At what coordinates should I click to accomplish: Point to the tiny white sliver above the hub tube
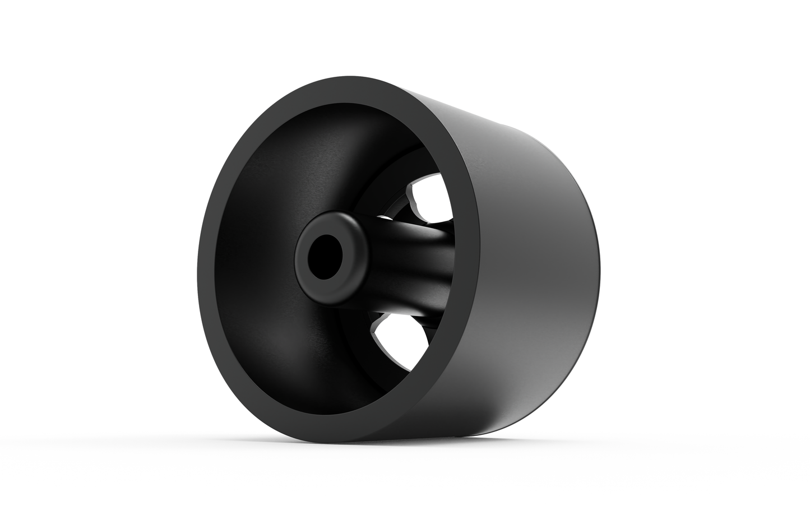(384, 216)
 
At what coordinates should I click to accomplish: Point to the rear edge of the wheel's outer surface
(594, 252)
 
